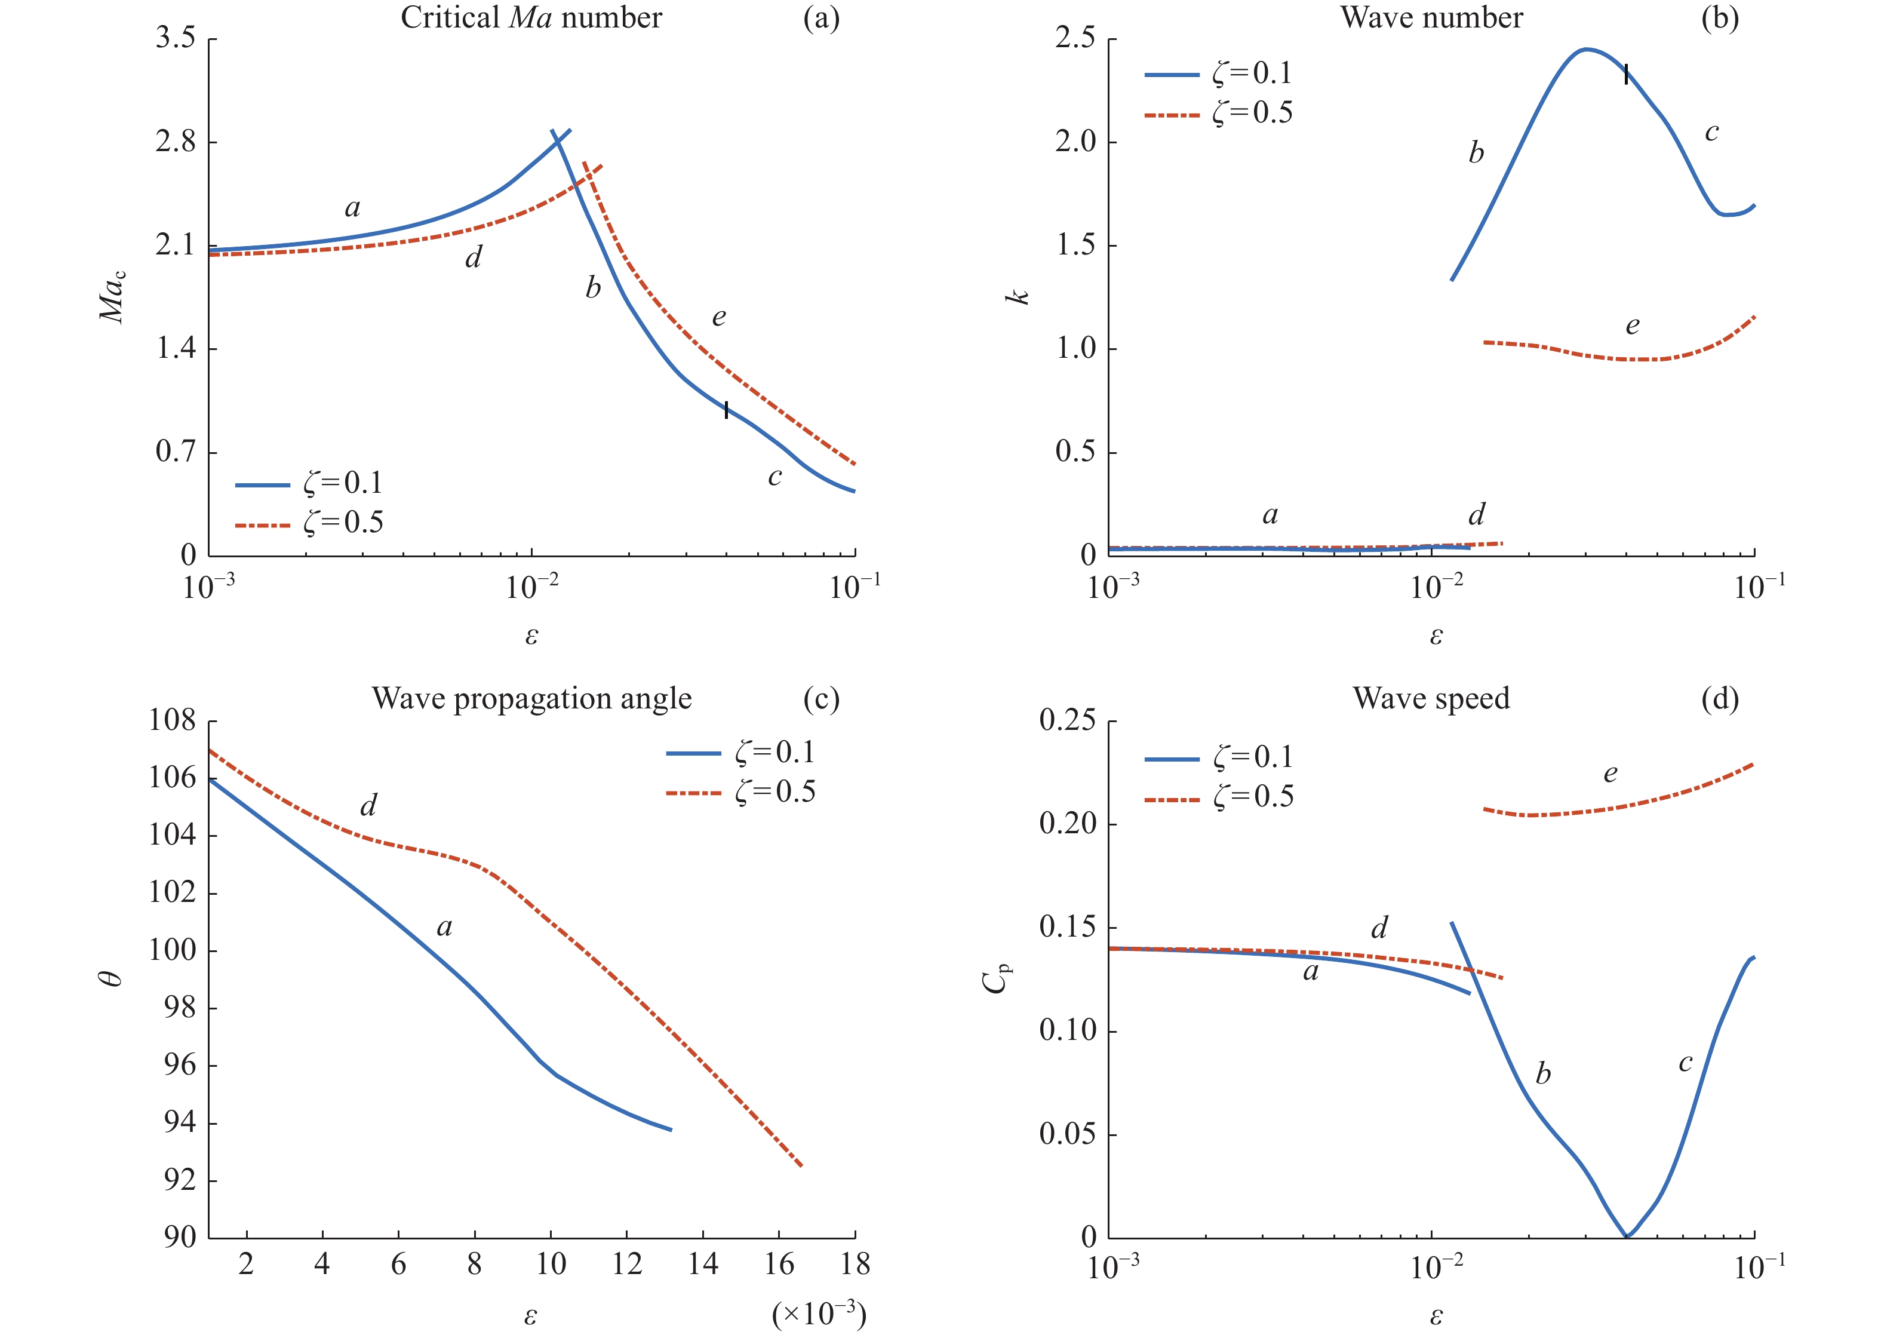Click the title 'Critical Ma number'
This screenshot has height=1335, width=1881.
[531, 18]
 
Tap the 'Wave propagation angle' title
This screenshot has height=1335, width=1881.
[531, 699]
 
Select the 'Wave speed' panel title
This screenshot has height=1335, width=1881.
[1431, 699]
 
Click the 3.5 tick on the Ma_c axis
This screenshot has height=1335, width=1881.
[176, 39]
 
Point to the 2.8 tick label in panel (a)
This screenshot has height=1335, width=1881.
[176, 142]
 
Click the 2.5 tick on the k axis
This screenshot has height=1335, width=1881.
[1075, 39]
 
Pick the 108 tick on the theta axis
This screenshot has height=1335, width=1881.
[173, 721]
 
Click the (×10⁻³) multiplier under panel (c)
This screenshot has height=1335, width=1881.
[819, 1313]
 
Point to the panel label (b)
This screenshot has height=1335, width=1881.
[1719, 18]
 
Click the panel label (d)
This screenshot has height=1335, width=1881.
[1719, 699]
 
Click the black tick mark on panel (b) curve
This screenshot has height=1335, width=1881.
[1626, 74]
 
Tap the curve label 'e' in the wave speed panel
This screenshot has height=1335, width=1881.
[1610, 773]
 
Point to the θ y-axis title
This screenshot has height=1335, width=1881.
[111, 978]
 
